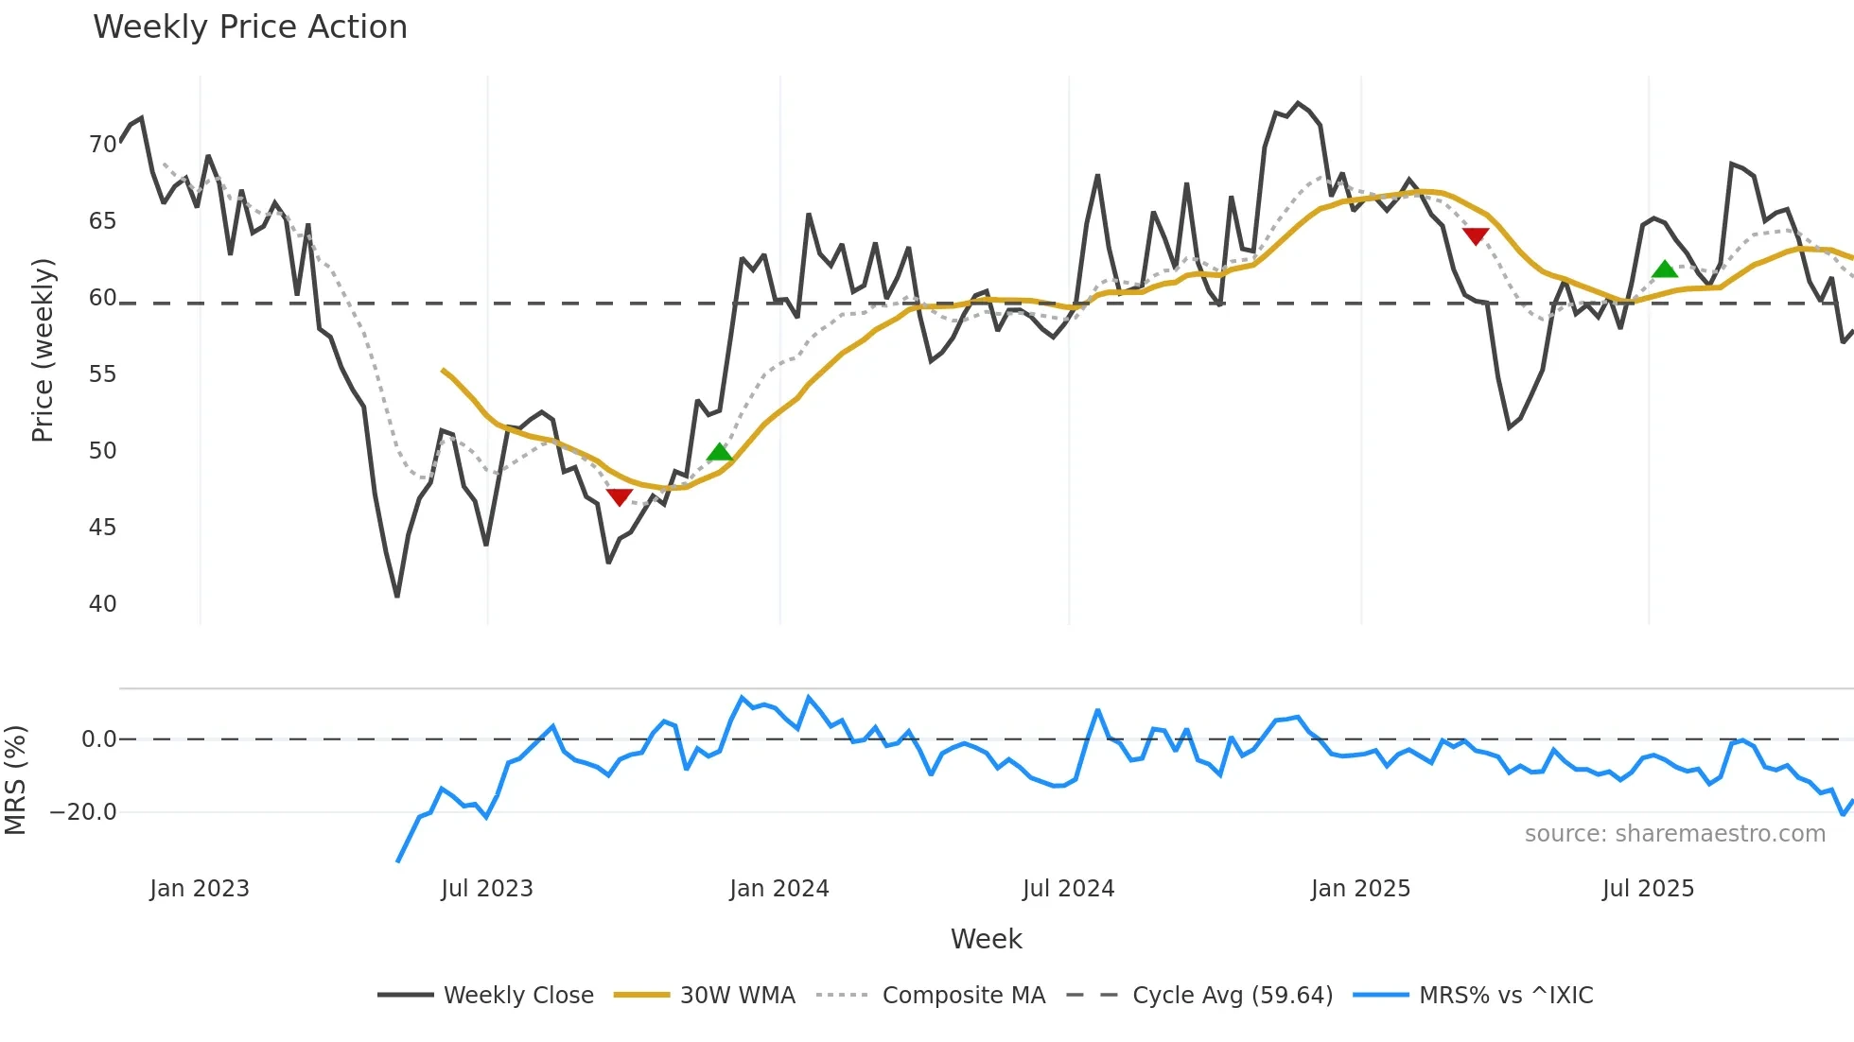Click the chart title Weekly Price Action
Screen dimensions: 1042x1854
(250, 27)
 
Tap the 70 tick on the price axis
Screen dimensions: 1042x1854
(102, 145)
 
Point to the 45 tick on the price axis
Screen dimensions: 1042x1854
(102, 528)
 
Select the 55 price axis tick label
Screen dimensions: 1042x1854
(102, 374)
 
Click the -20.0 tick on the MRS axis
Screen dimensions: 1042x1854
(83, 812)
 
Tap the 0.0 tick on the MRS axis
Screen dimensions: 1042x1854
(98, 739)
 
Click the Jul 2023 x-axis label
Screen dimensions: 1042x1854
(487, 889)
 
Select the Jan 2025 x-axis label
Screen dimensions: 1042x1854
(1360, 889)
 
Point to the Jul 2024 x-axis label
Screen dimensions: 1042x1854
(1068, 889)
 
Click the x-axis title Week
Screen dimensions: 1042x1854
(986, 939)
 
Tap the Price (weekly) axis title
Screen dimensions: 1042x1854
(43, 350)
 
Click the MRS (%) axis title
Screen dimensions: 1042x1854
(16, 780)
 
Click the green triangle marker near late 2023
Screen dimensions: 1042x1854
(720, 453)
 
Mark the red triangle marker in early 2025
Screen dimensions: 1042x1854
(1476, 235)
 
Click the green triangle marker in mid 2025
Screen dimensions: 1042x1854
(1665, 269)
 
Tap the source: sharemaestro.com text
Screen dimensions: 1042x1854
(1674, 834)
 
